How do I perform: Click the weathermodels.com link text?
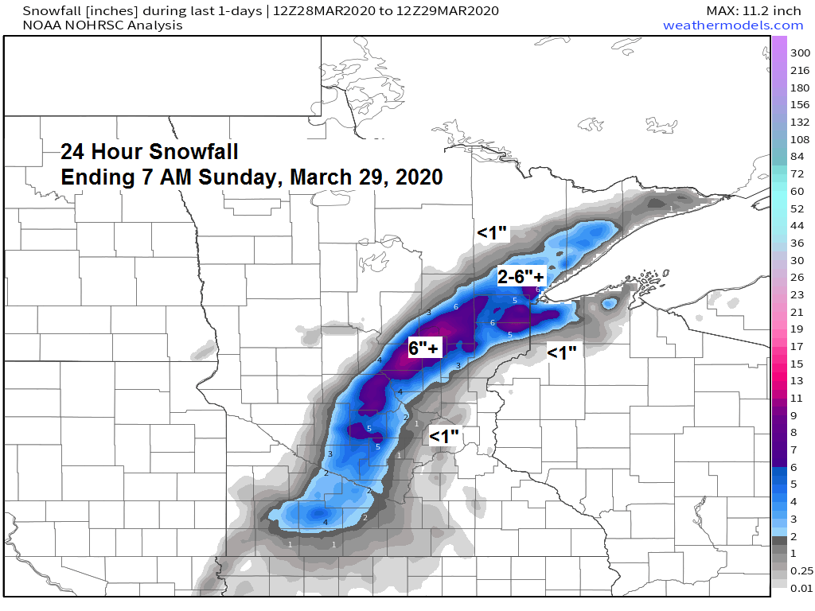click(x=733, y=25)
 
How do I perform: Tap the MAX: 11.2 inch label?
click(x=754, y=10)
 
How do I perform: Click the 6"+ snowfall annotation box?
click(x=423, y=348)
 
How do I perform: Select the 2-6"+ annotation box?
click(x=521, y=277)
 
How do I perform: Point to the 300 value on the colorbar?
click(x=796, y=53)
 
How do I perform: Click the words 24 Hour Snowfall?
click(x=150, y=151)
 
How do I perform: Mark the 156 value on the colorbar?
click(x=796, y=104)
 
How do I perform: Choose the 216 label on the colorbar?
click(x=796, y=70)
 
